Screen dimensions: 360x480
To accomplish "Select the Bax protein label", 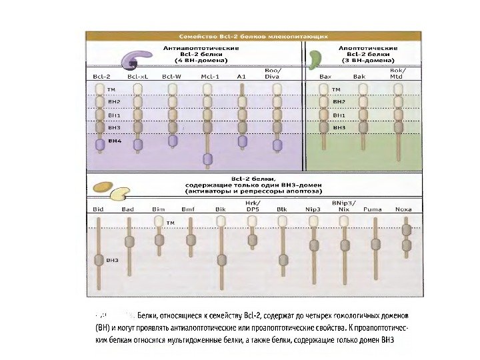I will click(326, 77).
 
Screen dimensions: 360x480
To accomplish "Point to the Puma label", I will click(373, 209).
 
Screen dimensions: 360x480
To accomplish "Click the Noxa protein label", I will click(403, 209).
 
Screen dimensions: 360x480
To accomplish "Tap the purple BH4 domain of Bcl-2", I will click(101, 143).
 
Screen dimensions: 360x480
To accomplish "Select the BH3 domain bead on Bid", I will click(99, 260).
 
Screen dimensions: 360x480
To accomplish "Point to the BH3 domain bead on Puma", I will click(373, 241).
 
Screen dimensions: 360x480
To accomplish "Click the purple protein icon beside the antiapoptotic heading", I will click(133, 61).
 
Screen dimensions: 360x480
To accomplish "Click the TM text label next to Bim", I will click(170, 223).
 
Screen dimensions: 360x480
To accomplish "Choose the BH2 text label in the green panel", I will click(339, 101).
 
